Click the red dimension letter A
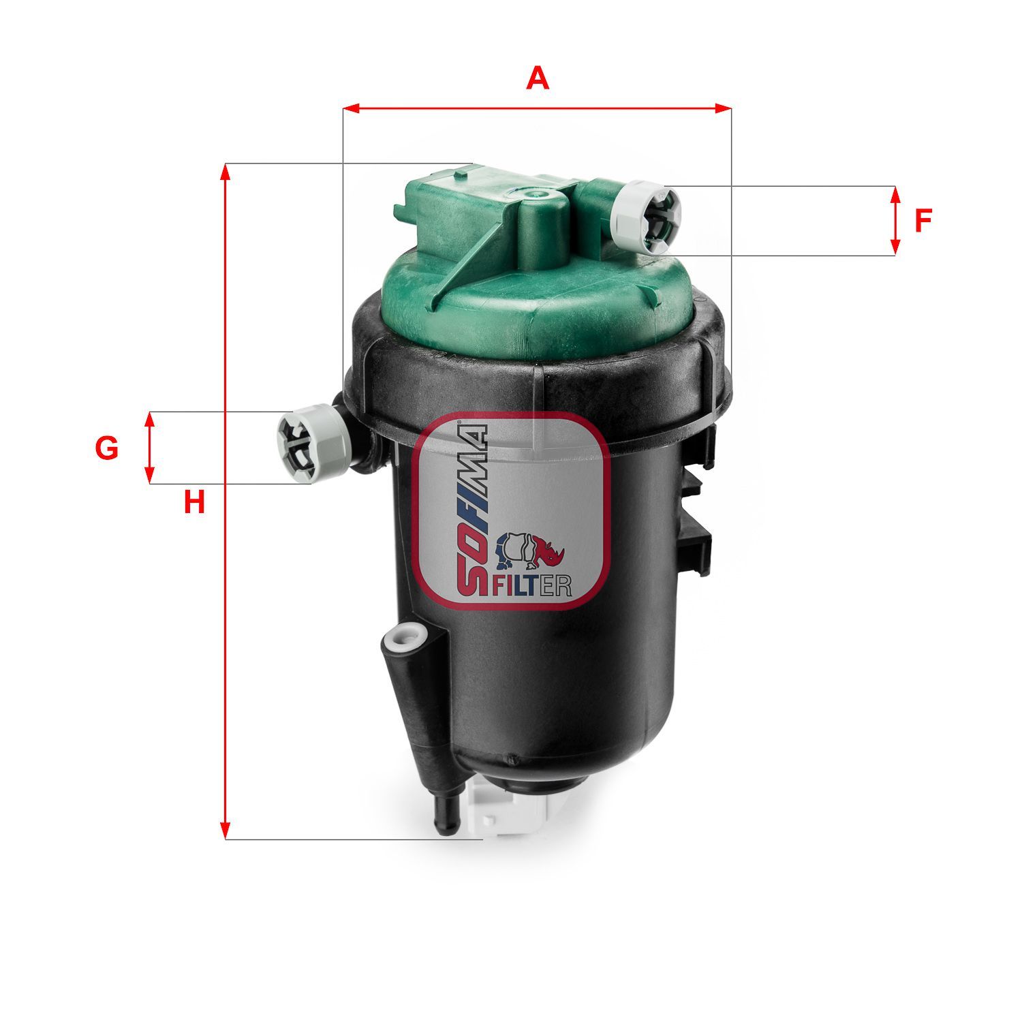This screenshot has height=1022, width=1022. click(x=538, y=78)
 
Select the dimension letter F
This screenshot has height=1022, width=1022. click(x=923, y=221)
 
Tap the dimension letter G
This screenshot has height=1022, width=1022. click(x=106, y=448)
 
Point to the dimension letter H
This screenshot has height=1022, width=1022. click(x=194, y=503)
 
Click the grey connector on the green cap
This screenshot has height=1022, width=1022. click(x=645, y=217)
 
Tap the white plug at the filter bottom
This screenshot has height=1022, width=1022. click(x=508, y=811)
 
